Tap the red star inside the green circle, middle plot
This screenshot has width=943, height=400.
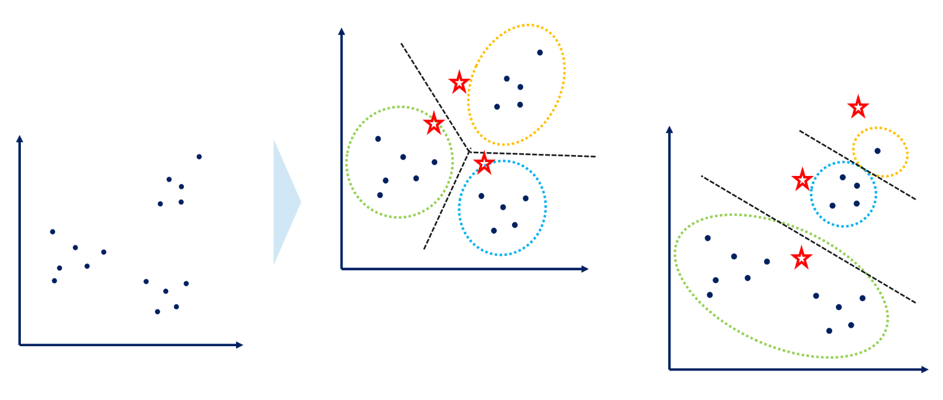(x=433, y=124)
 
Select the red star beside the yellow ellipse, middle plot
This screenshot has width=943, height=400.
(x=459, y=83)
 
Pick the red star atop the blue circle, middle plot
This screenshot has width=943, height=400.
(x=484, y=163)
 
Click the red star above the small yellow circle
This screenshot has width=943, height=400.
(x=858, y=107)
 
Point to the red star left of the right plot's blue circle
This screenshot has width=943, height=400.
(x=802, y=180)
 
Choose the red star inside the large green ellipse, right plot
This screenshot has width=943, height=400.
(x=801, y=258)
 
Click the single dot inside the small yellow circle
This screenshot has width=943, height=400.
(x=878, y=151)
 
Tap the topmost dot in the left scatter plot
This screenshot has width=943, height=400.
(x=199, y=157)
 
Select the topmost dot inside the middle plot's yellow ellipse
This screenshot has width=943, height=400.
(x=540, y=53)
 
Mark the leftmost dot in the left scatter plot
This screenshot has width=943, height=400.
(x=53, y=232)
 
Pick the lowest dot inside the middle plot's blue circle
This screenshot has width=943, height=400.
(x=493, y=230)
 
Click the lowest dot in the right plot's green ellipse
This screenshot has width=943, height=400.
(x=829, y=331)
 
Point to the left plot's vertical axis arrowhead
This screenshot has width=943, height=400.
(x=20, y=138)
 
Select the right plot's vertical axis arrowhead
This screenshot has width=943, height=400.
(x=669, y=130)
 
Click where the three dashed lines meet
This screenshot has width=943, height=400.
(x=469, y=152)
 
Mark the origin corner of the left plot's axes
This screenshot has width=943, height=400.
(x=20, y=345)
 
